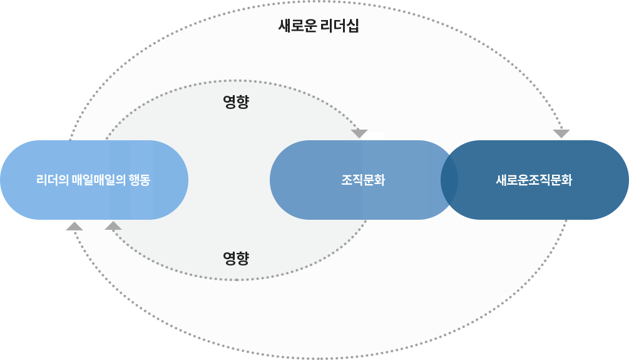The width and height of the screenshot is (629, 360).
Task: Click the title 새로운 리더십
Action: pos(318,26)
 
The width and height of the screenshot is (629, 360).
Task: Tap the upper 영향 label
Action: pos(236,102)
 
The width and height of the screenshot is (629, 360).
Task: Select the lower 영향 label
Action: pos(236,257)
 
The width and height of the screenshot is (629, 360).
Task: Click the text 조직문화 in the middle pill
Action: pos(363,180)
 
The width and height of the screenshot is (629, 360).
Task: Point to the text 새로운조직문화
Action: pos(533,180)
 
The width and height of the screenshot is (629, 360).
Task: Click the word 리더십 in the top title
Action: pos(339,26)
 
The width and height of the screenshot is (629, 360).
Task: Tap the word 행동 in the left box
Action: pos(139,180)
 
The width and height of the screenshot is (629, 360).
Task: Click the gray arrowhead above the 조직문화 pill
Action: pos(361,135)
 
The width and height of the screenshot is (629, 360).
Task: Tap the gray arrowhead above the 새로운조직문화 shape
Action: pos(563,134)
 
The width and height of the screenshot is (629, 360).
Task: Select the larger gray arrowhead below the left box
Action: pos(72,225)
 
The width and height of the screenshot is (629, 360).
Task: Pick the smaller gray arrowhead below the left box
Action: pos(112,224)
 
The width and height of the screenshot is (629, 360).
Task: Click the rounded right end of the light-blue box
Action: pos(171,180)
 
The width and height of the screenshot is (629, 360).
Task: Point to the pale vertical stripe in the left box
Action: pos(120,180)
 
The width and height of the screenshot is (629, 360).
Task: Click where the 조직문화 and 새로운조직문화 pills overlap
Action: pos(449,180)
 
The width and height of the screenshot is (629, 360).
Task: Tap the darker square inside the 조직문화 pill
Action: pos(394,180)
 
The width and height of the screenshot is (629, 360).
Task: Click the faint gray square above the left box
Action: pos(100,86)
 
